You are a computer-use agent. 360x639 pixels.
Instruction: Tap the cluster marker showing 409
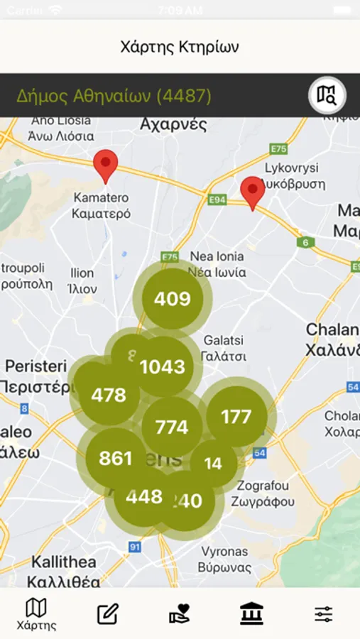(x=173, y=299)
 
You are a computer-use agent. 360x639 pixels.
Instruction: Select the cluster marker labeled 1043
(x=163, y=367)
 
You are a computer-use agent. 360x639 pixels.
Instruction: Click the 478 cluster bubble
(x=109, y=395)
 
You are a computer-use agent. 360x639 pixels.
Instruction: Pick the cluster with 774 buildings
(x=172, y=427)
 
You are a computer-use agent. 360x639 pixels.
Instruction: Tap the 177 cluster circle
(x=236, y=417)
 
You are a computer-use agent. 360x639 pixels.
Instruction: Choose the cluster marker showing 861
(x=116, y=458)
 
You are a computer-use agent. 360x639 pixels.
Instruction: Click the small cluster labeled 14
(x=213, y=464)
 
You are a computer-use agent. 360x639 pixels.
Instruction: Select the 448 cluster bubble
(x=144, y=496)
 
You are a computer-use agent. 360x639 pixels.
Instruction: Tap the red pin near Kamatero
(x=106, y=165)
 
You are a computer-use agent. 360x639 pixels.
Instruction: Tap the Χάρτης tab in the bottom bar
(x=36, y=614)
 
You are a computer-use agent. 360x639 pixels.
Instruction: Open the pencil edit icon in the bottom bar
(x=107, y=613)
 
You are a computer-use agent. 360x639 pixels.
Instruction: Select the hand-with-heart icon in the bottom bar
(x=180, y=613)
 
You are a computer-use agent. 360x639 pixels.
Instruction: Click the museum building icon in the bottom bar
(x=251, y=613)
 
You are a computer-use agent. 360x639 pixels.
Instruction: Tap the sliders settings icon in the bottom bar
(x=324, y=613)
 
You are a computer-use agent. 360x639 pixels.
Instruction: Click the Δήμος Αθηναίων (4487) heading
(x=114, y=96)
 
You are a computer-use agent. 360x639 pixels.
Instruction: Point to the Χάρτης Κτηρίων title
(x=180, y=47)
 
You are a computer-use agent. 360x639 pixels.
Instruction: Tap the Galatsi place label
(x=223, y=349)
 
